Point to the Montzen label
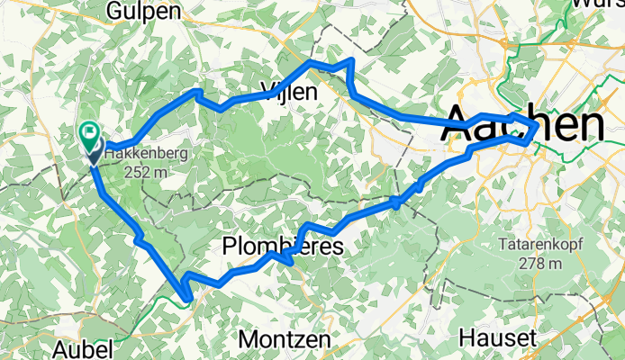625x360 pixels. (285, 340)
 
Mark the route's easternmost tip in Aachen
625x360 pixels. (538, 129)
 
